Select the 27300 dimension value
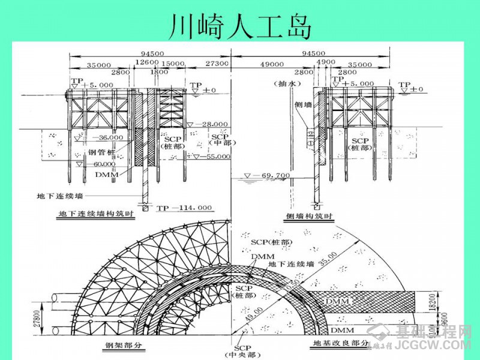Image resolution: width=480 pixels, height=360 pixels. coord(217,63)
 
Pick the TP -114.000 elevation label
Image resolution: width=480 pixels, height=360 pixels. coord(184,208)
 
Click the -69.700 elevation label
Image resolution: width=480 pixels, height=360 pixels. coord(271,175)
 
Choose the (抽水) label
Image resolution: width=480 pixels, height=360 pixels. coord(284,83)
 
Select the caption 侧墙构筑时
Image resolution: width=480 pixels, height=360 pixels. coord(302,214)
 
